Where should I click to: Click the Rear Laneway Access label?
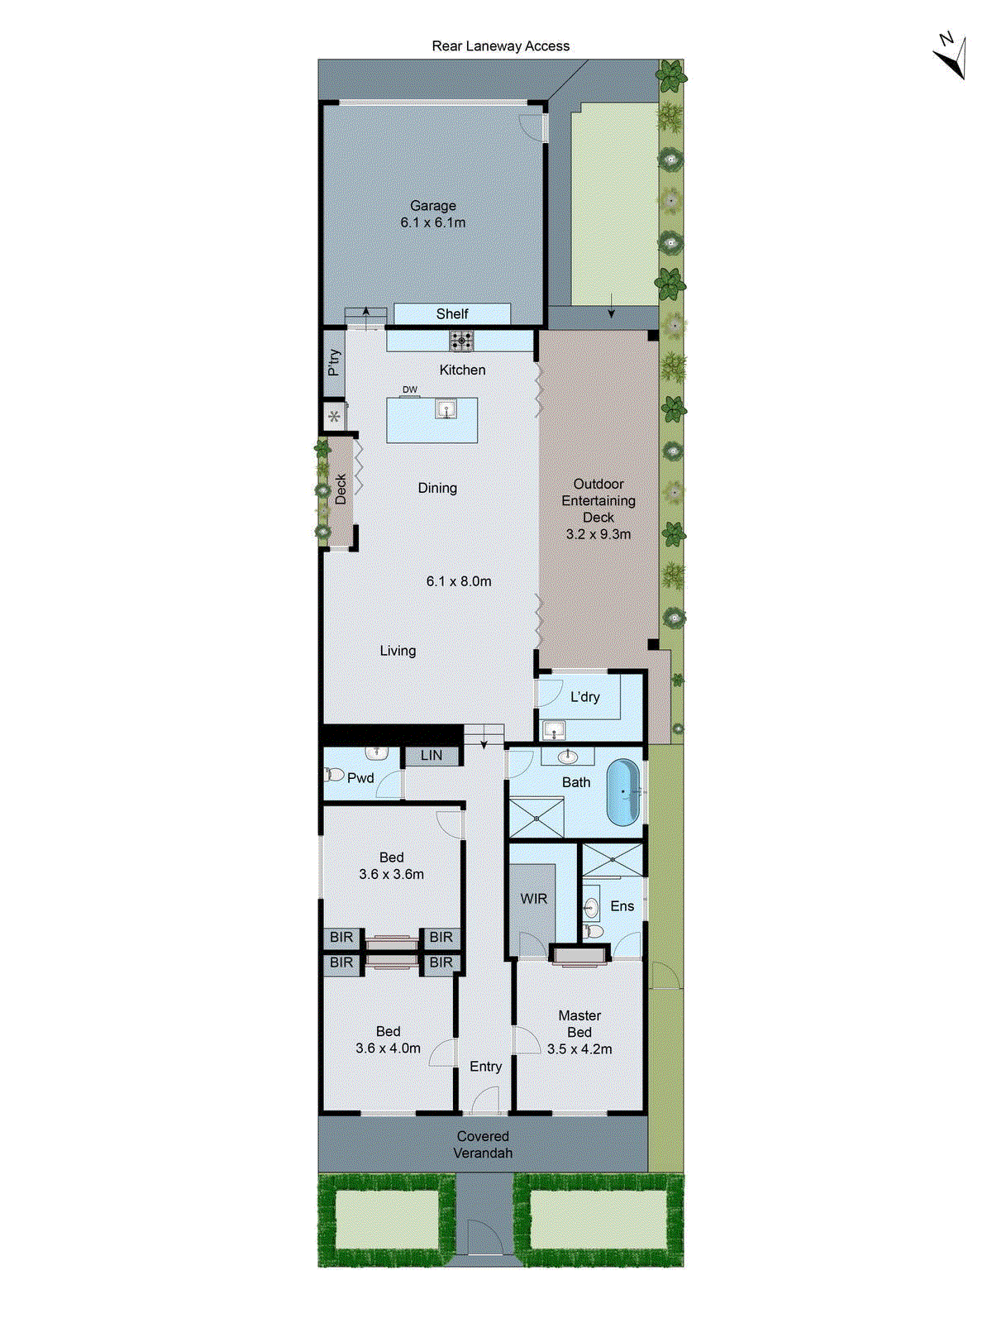pyautogui.click(x=500, y=46)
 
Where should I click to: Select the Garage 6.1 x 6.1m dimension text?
pyautogui.click(x=432, y=222)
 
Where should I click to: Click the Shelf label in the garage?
pyautogui.click(x=452, y=314)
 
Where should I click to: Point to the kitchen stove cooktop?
pyautogui.click(x=461, y=340)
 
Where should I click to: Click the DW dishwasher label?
pyautogui.click(x=410, y=389)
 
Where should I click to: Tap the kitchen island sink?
pyautogui.click(x=446, y=408)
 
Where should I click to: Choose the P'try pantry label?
pyautogui.click(x=334, y=362)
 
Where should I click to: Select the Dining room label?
pyautogui.click(x=437, y=488)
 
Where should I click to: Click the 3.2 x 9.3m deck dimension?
pyautogui.click(x=598, y=534)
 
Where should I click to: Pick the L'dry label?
pyautogui.click(x=585, y=697)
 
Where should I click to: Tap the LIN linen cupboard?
pyautogui.click(x=432, y=756)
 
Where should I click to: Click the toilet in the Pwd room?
pyautogui.click(x=333, y=775)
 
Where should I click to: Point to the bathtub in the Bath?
pyautogui.click(x=623, y=792)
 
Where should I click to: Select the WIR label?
pyautogui.click(x=533, y=899)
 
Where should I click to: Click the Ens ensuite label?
pyautogui.click(x=622, y=906)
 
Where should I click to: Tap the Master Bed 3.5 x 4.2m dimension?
pyautogui.click(x=579, y=1049)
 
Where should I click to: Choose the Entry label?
pyautogui.click(x=485, y=1067)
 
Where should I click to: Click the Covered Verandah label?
pyautogui.click(x=483, y=1144)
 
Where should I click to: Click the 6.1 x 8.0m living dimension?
pyautogui.click(x=459, y=581)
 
